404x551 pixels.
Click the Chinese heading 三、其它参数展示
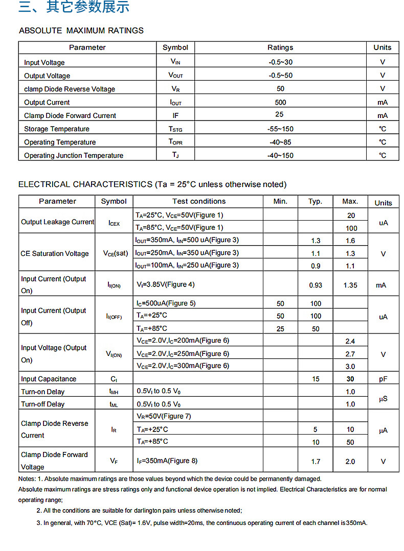[74, 7]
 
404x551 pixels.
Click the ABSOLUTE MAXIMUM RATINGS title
[81, 31]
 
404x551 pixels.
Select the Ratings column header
[280, 47]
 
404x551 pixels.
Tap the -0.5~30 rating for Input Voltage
[280, 62]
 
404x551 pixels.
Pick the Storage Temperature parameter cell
[57, 129]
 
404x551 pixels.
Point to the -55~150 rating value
[280, 129]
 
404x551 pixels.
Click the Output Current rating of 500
[280, 102]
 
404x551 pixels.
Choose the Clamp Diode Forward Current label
[70, 116]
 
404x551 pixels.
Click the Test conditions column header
[199, 201]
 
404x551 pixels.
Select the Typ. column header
[316, 201]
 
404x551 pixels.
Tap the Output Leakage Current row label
[57, 222]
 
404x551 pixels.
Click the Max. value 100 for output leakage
[350, 228]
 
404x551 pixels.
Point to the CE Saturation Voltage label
[55, 253]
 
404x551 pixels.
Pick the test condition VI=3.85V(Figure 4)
[166, 284]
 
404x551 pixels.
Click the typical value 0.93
[316, 285]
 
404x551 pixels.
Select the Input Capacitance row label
[49, 379]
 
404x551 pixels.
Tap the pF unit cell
[383, 379]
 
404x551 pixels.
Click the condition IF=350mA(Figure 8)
[167, 461]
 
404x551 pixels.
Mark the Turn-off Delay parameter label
[43, 404]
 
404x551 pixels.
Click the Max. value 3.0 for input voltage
[350, 366]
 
